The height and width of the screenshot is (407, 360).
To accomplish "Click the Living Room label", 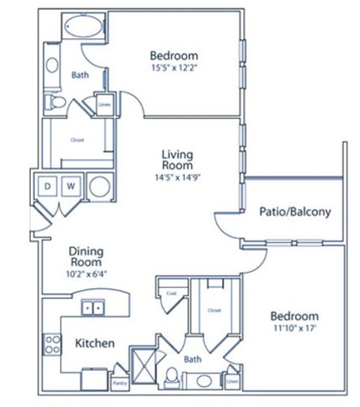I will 177,160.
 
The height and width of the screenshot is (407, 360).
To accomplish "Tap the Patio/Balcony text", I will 295,211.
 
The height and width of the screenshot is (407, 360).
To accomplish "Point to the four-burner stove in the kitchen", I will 52,344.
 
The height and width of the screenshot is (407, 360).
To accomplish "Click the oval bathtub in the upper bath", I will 85,28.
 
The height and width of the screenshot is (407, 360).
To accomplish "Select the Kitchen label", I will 95,343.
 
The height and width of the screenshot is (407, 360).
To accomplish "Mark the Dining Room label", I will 86,257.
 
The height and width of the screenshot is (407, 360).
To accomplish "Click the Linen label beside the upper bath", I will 104,104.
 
